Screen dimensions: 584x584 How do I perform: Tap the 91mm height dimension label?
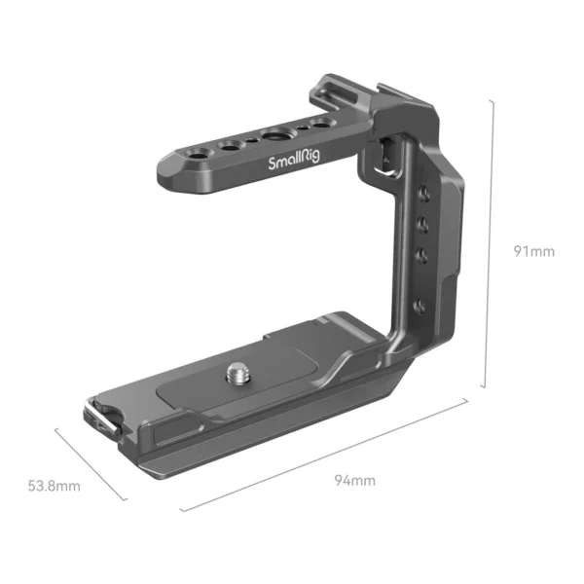point(533,251)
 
